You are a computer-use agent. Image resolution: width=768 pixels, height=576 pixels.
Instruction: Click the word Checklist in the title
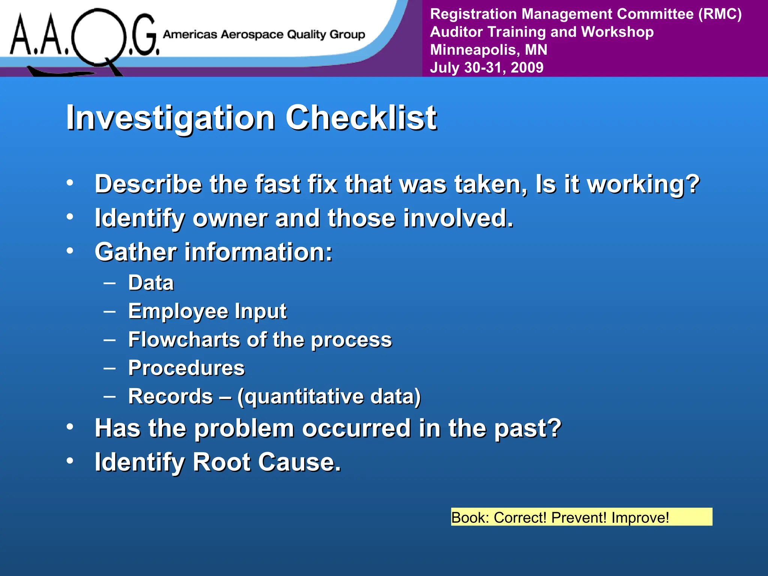click(361, 118)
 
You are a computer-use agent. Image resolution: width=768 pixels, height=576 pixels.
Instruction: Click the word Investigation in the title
click(171, 118)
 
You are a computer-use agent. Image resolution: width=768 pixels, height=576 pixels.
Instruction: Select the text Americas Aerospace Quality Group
click(264, 34)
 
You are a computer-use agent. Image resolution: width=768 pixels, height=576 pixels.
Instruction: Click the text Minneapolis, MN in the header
click(488, 49)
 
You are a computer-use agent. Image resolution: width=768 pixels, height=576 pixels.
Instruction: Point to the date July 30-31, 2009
click(486, 67)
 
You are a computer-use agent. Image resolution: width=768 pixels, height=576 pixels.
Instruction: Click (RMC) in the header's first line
click(720, 14)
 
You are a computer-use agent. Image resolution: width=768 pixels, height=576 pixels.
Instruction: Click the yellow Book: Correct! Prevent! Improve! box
click(581, 517)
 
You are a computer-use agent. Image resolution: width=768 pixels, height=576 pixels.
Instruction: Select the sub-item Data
click(151, 283)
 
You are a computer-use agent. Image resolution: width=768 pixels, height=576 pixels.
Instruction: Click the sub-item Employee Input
click(207, 311)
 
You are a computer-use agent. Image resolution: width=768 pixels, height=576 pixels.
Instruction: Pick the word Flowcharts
click(184, 340)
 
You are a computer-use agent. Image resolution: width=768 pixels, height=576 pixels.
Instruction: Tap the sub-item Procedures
click(186, 368)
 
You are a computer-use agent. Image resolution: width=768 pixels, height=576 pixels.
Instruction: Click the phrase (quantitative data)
click(329, 397)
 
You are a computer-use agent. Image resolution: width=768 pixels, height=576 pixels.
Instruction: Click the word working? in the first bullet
click(643, 184)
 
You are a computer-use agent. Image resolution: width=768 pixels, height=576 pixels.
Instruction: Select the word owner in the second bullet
click(229, 218)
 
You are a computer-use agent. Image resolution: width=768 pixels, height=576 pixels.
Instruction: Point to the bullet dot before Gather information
click(70, 251)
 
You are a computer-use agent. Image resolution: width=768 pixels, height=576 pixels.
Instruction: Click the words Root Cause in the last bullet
click(266, 462)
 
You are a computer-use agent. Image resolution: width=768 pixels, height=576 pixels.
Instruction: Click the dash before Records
click(109, 395)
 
